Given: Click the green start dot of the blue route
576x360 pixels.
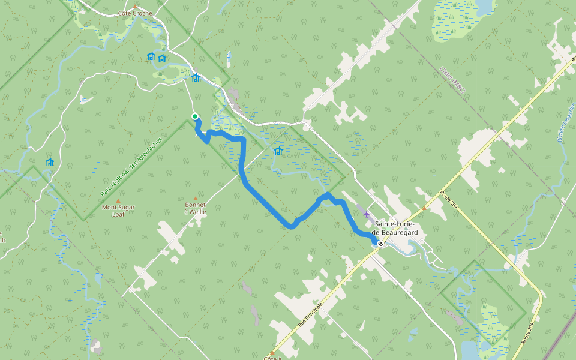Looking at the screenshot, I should pos(195,116).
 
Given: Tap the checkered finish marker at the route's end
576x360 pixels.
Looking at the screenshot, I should pos(380,244).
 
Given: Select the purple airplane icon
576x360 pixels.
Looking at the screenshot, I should pos(366,214).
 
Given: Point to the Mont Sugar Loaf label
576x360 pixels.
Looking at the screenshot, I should pos(118,211).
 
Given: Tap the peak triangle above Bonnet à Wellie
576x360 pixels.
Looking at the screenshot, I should pos(195,199).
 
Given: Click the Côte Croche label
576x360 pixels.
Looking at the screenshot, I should pos(135,13).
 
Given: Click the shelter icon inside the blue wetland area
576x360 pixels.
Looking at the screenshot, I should pos(278,151).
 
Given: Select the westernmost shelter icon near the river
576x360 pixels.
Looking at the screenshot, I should pos(49,162).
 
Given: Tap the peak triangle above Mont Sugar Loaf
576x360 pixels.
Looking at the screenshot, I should pos(118,201).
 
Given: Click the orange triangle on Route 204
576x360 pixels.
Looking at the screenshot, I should pos(424,208).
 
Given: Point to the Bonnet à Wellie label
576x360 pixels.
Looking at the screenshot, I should pos(195,208).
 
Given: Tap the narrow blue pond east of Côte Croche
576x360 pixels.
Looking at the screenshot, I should pos(229,59).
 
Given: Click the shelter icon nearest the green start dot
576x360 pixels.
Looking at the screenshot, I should pos(195,77).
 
